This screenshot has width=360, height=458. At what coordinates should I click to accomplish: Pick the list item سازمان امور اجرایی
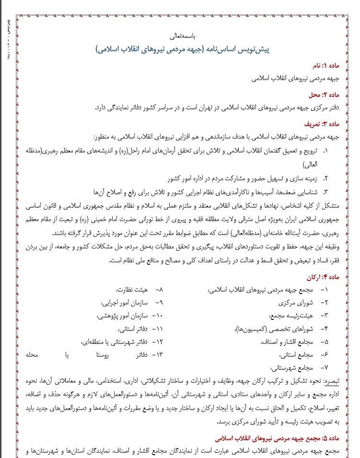pos(122,303)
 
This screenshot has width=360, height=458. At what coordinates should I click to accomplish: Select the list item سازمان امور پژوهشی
pos(121,316)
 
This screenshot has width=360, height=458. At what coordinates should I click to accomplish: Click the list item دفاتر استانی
pos(129,329)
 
